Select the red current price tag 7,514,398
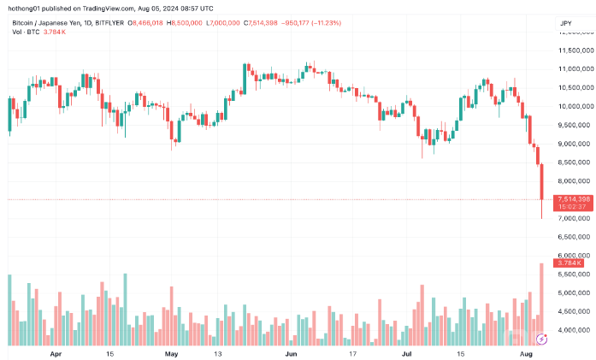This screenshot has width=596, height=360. [x=570, y=199]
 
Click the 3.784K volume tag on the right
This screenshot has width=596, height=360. [x=568, y=263]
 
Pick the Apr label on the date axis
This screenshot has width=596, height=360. [x=56, y=352]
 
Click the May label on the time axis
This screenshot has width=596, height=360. [x=171, y=352]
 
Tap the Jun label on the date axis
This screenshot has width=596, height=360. [x=292, y=352]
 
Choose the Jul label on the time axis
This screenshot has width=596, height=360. [x=407, y=352]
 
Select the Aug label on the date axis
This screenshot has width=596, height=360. [x=527, y=352]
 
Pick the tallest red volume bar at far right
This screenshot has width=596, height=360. [x=541, y=304]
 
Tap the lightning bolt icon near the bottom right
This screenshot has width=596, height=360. [x=540, y=340]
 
